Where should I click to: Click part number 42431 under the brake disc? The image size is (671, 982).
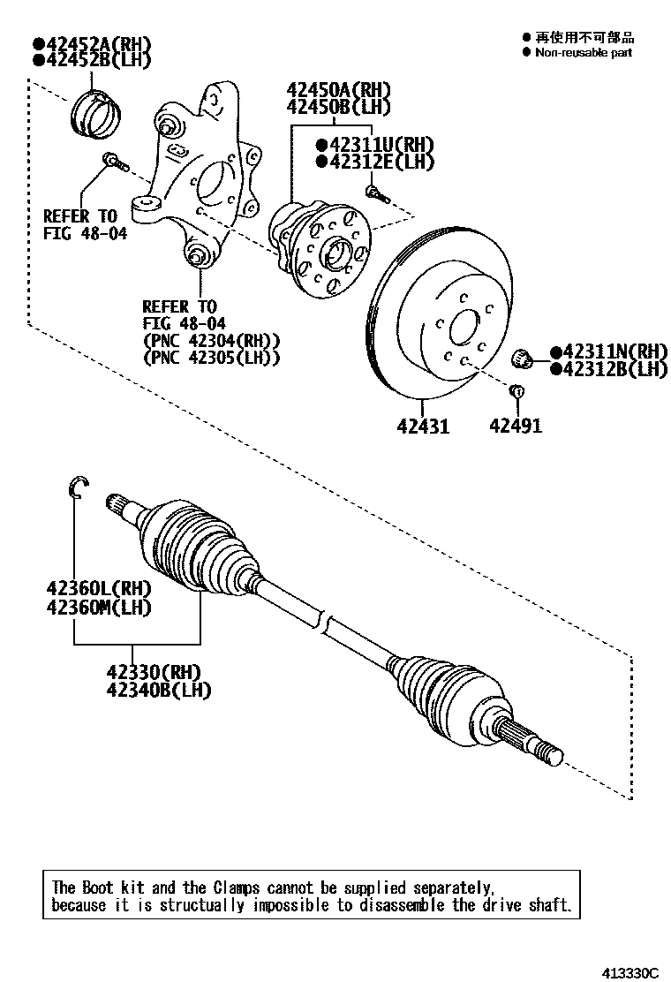pos(423,426)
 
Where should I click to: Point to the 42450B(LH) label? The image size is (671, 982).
pos(337,107)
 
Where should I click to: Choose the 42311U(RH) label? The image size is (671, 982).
pos(381,145)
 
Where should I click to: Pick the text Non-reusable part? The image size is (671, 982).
pos(584,52)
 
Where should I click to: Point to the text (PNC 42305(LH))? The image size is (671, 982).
pos(211,358)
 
